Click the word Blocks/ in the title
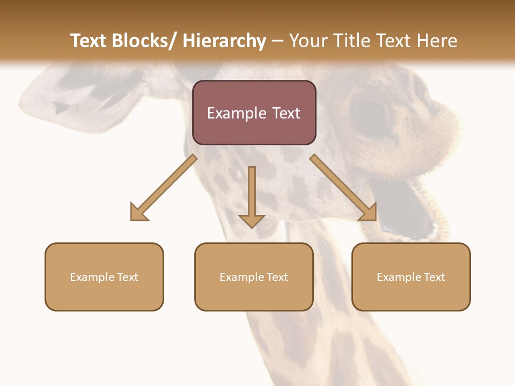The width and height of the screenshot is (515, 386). pos(143,41)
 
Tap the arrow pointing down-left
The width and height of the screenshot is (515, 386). pos(163,188)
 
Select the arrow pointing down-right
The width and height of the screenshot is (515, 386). pos(343,188)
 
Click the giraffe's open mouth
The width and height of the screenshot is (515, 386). pos(408,206)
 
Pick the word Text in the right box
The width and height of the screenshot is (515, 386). pos(435,277)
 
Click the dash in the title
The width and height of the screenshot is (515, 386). pos(277,41)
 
